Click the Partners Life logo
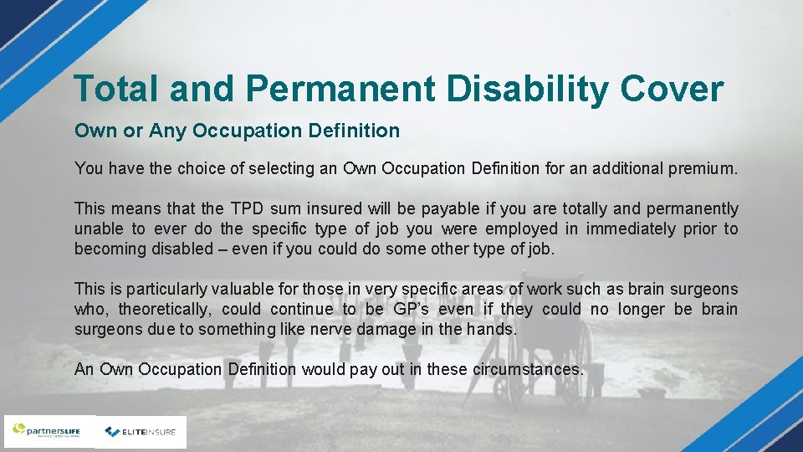click(49, 432)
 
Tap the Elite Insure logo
click(141, 432)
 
